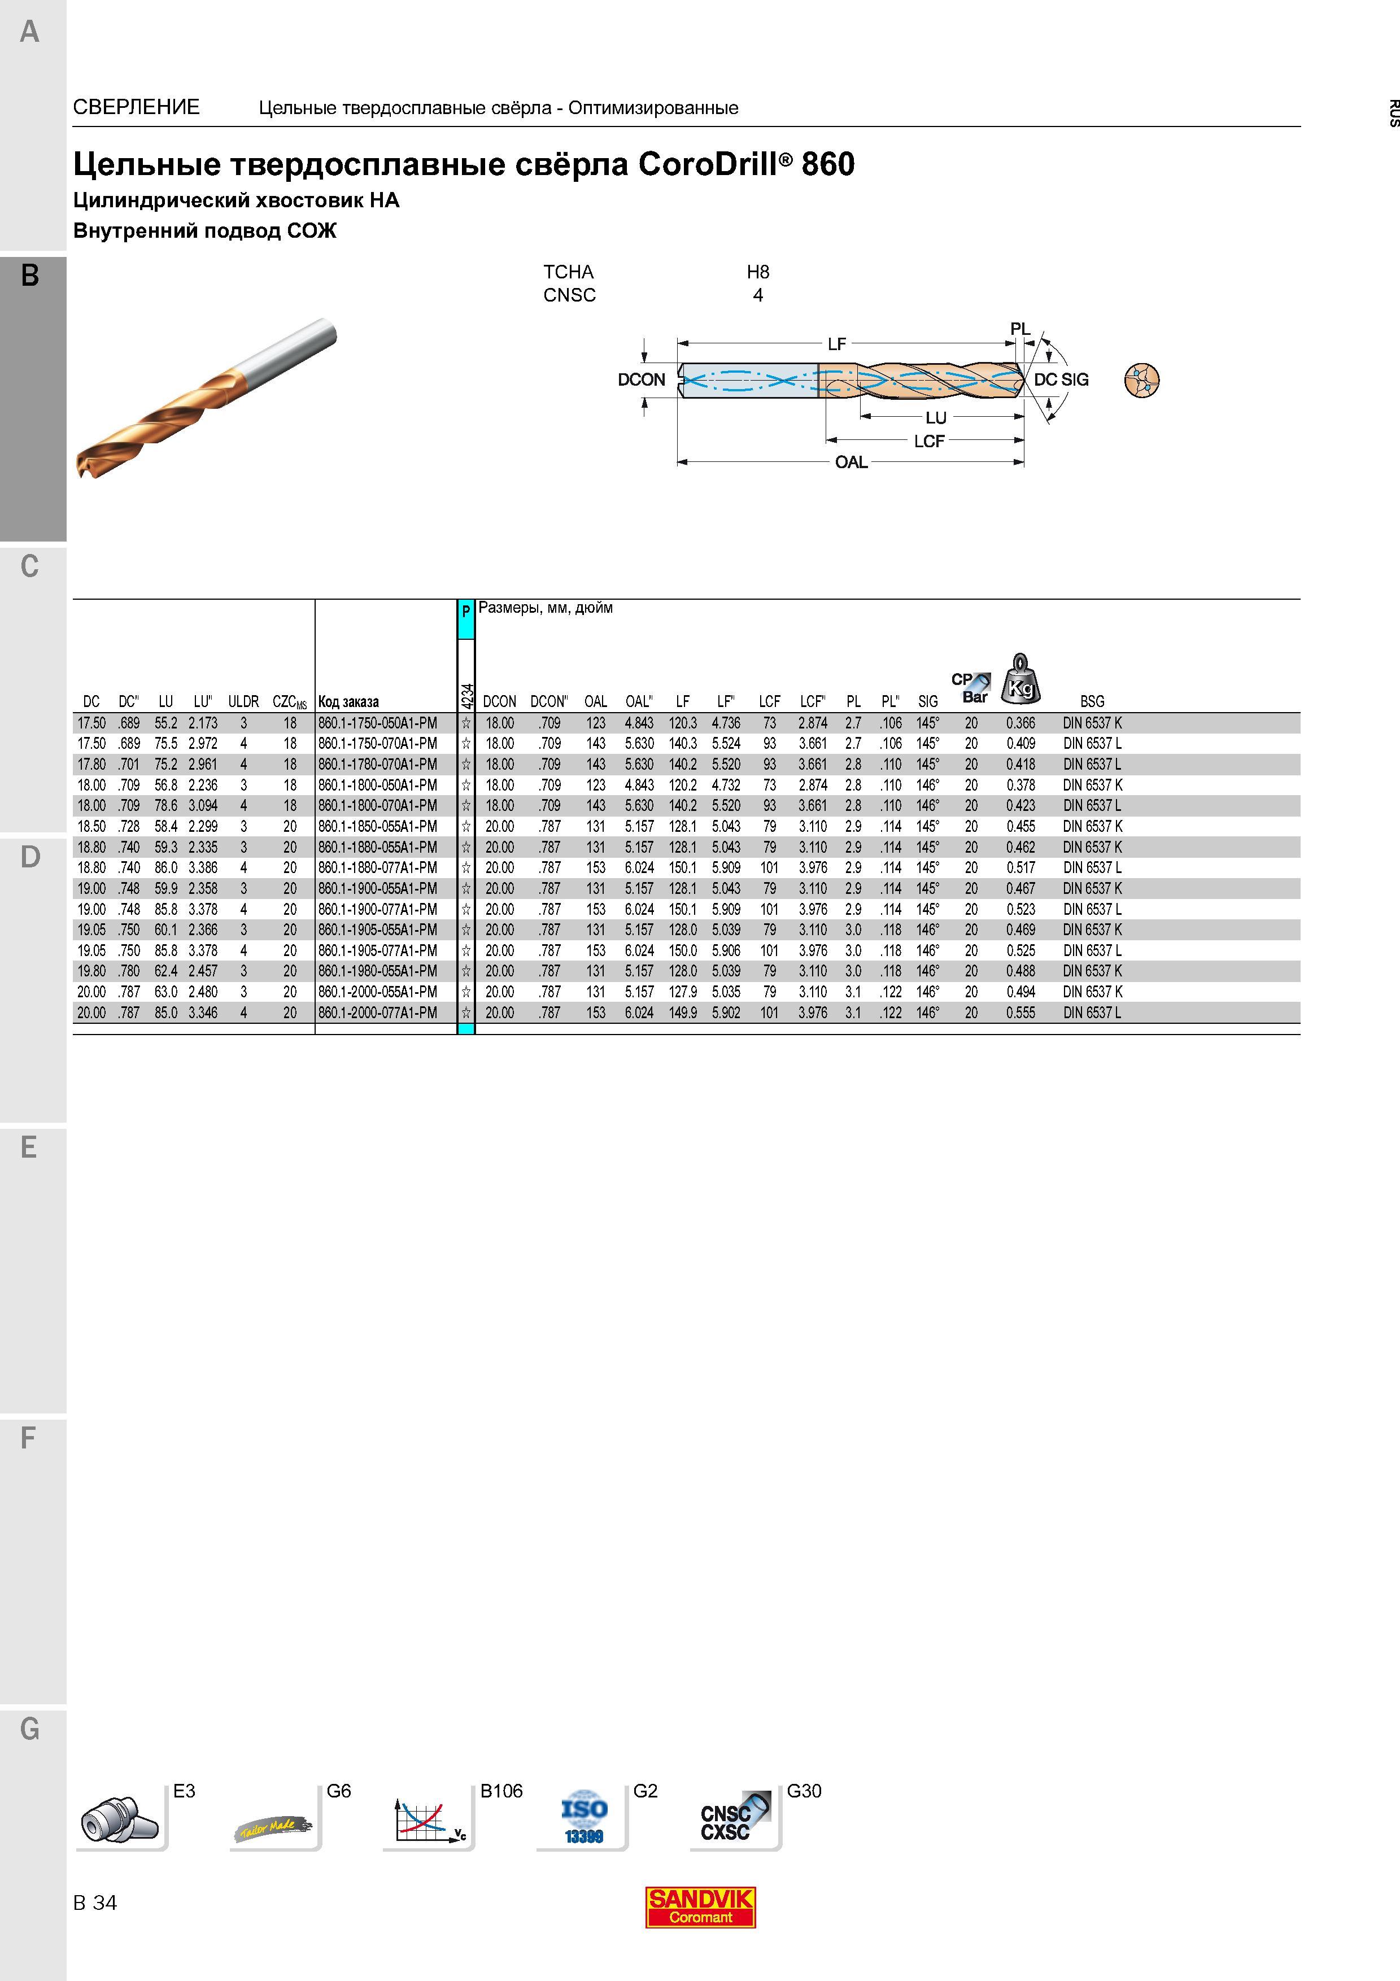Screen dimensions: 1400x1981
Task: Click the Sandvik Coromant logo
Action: click(x=700, y=1907)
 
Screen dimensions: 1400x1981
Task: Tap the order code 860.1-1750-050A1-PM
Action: click(x=378, y=723)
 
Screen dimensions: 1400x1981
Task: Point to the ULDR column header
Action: click(x=243, y=701)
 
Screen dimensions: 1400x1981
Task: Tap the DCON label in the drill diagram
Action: click(x=642, y=379)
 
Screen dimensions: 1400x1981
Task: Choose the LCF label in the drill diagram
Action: click(x=929, y=441)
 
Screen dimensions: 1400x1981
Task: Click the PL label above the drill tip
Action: click(x=1020, y=329)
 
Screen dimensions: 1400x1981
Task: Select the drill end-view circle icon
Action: click(x=1142, y=379)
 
